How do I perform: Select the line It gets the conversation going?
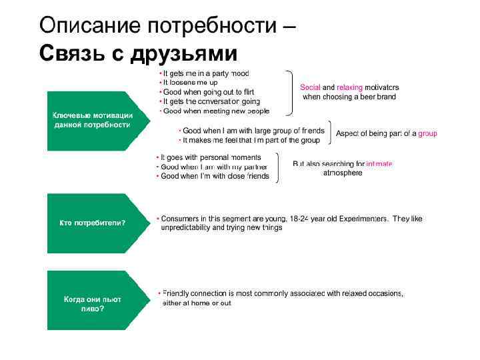click(x=211, y=101)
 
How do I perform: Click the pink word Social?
click(x=310, y=87)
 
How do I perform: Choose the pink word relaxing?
click(x=349, y=87)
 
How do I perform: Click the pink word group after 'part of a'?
click(x=427, y=133)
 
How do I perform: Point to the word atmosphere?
click(x=343, y=173)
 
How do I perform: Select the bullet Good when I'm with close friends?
click(x=215, y=176)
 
